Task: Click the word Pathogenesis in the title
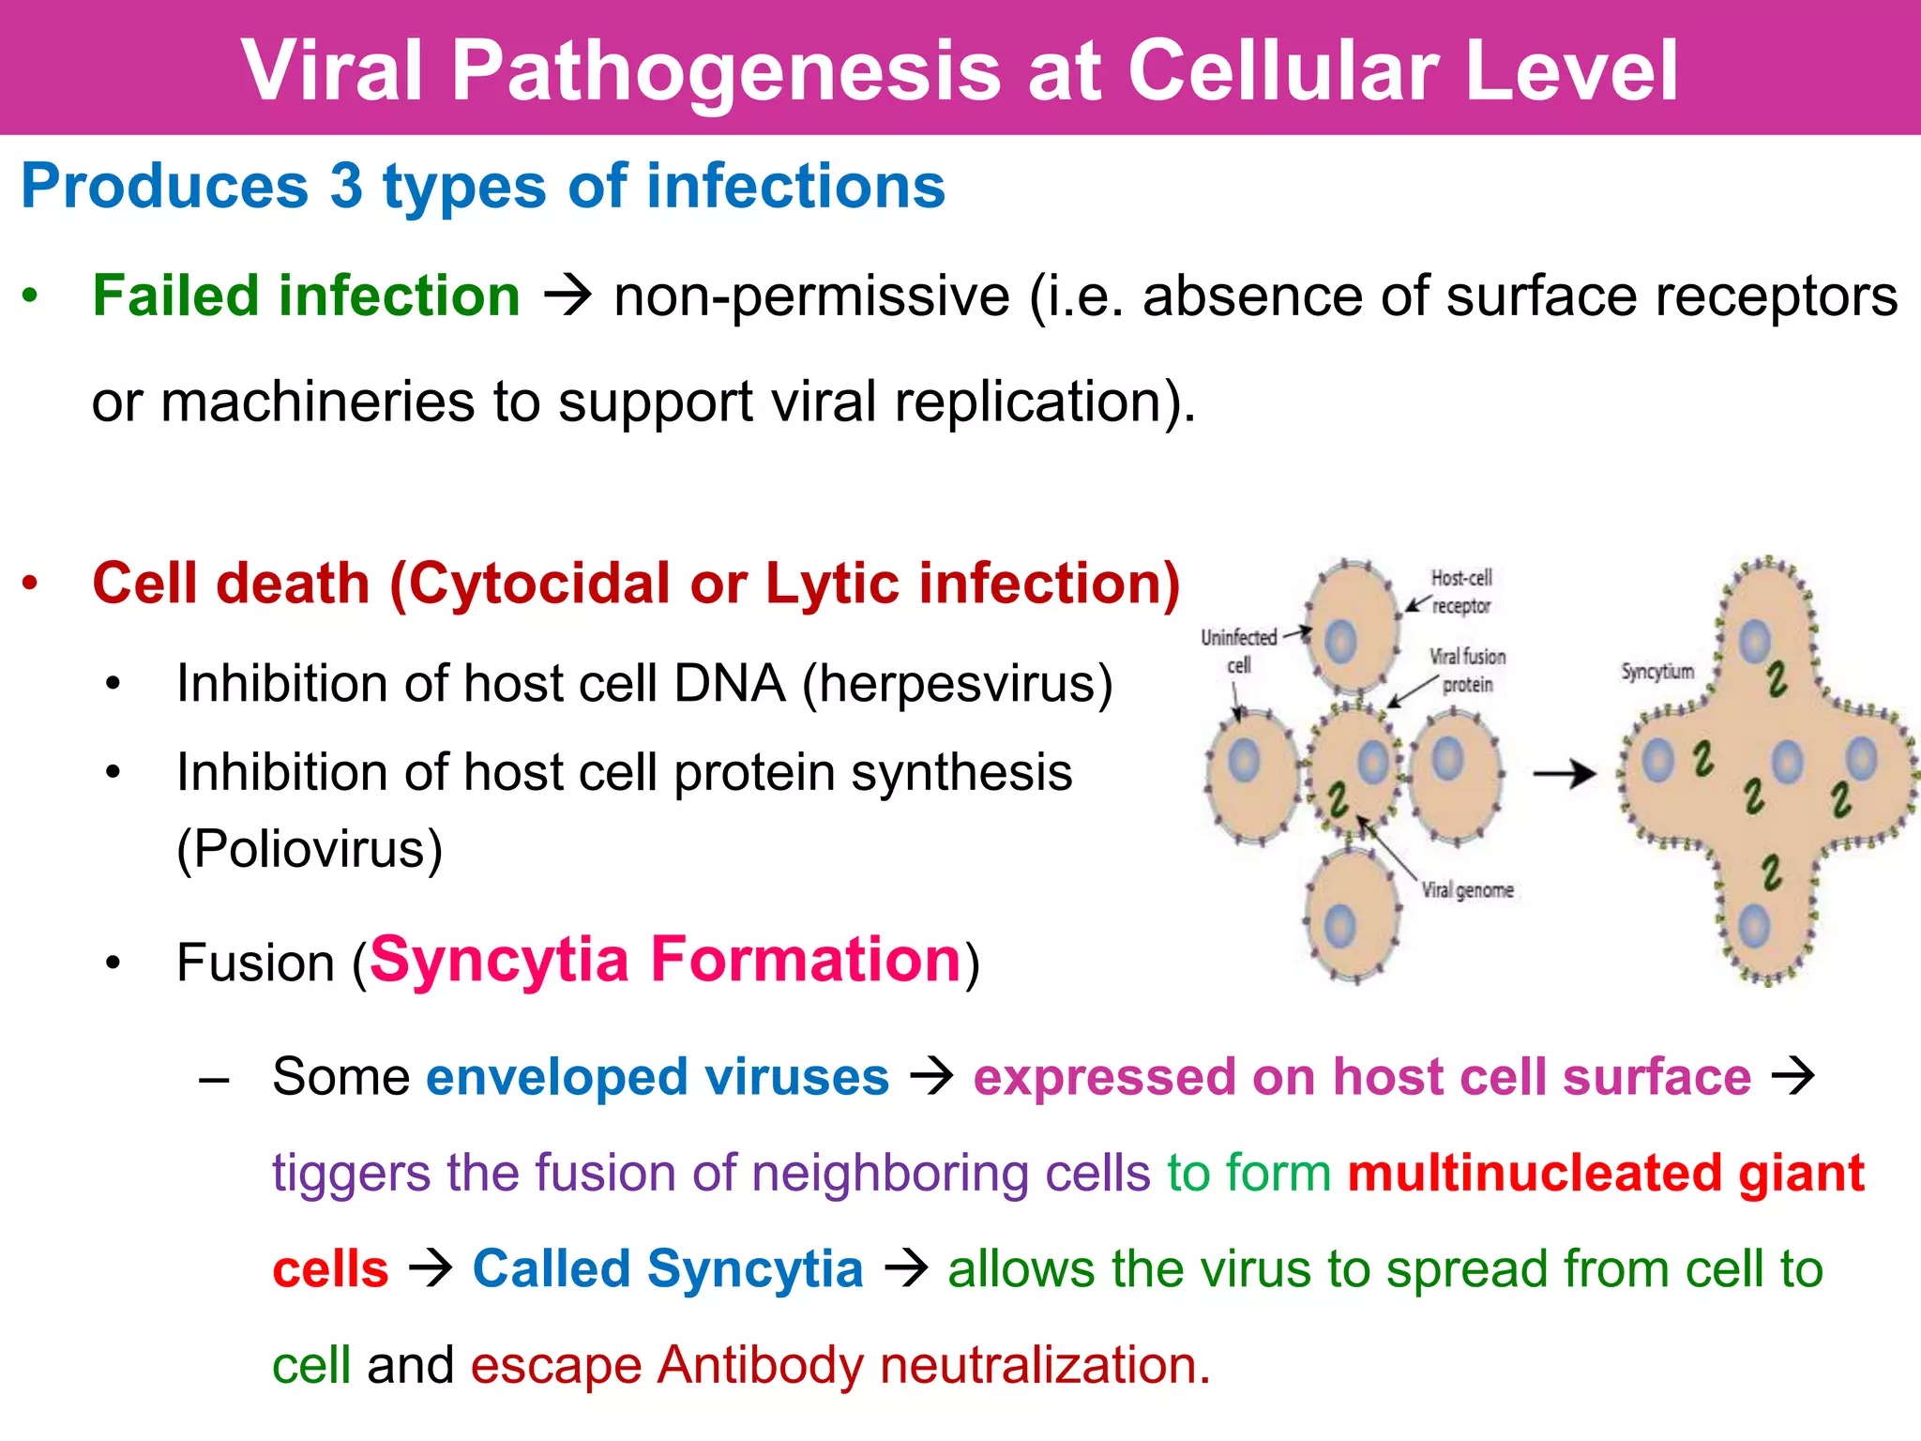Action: click(x=727, y=71)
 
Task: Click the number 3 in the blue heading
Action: click(x=346, y=186)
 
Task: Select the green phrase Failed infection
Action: click(x=306, y=296)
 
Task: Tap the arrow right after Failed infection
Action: click(x=567, y=296)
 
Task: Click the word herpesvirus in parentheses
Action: click(x=957, y=684)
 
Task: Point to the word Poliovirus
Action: click(x=310, y=849)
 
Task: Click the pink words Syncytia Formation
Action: click(x=666, y=961)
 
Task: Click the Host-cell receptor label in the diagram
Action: click(x=1460, y=592)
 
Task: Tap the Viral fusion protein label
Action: click(x=1467, y=670)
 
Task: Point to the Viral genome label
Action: click(x=1467, y=889)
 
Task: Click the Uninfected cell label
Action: click(x=1239, y=650)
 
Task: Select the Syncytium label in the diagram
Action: click(x=1657, y=672)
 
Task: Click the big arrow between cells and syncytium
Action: click(x=1564, y=774)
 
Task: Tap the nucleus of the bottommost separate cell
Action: click(x=1339, y=927)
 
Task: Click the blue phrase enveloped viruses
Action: click(x=657, y=1076)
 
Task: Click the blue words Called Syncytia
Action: click(x=667, y=1269)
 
